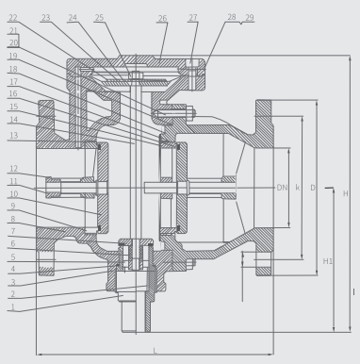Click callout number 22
(13, 18)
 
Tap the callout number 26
(162, 19)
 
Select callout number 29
(250, 18)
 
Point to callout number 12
(13, 169)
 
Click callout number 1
(13, 307)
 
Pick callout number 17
(13, 82)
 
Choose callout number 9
(13, 207)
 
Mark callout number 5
(13, 257)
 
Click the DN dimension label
(282, 188)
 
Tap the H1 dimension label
(328, 261)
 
